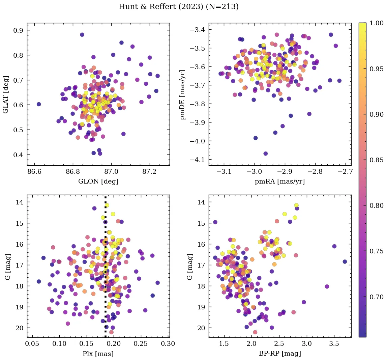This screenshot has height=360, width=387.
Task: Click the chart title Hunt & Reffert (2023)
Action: (x=179, y=7)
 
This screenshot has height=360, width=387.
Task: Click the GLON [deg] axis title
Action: (x=98, y=182)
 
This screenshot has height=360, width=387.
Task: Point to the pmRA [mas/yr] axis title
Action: (x=280, y=182)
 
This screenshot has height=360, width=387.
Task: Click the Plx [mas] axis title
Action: (x=98, y=354)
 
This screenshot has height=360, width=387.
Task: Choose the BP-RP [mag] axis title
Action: (x=280, y=354)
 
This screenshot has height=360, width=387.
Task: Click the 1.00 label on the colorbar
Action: (x=377, y=23)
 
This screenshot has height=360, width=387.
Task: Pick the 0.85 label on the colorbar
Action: (x=377, y=160)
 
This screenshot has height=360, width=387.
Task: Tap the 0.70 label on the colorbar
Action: (x=377, y=297)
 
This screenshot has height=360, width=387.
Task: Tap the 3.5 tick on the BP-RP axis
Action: (x=334, y=344)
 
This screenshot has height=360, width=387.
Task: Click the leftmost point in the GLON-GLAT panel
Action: (x=39, y=104)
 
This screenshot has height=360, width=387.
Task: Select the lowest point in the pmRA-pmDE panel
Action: (x=266, y=154)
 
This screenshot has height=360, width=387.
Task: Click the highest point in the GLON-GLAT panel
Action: (x=82, y=35)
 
